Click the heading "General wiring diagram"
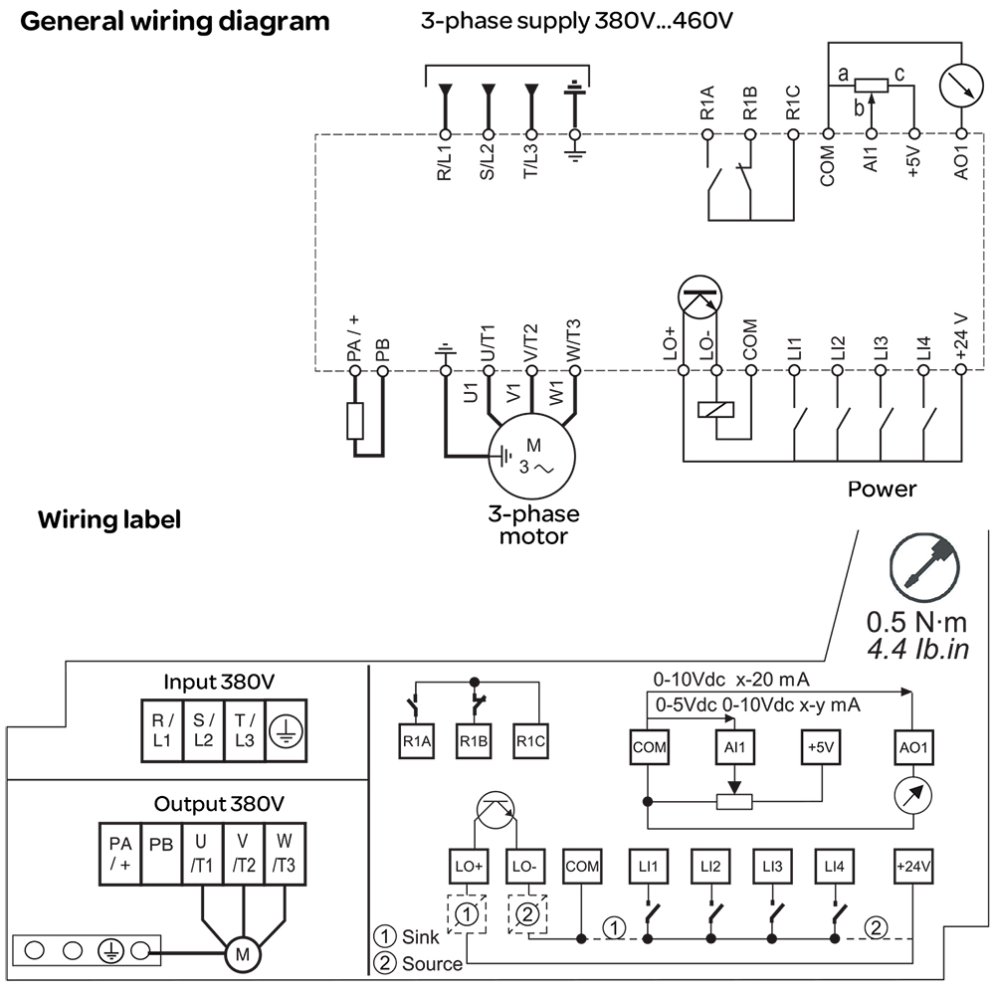tap(175, 21)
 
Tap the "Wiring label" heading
tap(109, 519)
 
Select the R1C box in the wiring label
tap(532, 741)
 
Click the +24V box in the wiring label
tap(912, 866)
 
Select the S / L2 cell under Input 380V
tap(203, 730)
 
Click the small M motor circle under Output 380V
tap(241, 954)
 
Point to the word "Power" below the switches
tap(882, 490)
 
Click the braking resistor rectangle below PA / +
tap(355, 421)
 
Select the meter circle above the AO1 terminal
tap(960, 88)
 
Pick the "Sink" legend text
tap(418, 937)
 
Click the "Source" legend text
tap(431, 963)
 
